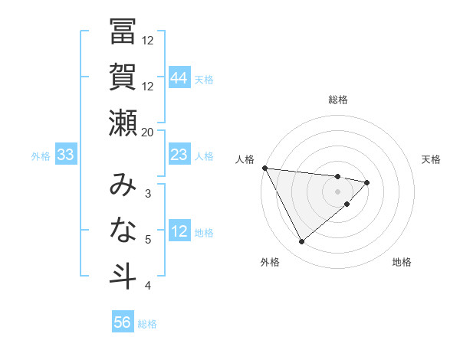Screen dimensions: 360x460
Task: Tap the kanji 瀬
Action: coord(123,123)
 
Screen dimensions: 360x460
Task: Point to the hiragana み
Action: coord(123,185)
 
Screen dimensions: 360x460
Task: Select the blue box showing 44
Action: coord(179,77)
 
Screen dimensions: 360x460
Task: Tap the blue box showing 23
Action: coord(179,155)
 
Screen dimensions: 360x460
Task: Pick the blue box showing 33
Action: coord(65,155)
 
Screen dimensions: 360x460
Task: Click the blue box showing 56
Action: coord(122,322)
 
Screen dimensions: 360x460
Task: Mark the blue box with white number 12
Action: coord(179,232)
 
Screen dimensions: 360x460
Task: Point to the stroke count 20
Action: coord(148,132)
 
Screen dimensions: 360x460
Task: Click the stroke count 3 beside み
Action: coord(148,193)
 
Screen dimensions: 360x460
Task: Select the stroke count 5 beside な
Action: coord(148,240)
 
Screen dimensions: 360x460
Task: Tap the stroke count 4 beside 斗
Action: coord(148,286)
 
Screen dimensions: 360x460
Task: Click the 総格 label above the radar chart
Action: coord(338,100)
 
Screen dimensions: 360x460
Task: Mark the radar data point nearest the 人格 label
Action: coord(264,168)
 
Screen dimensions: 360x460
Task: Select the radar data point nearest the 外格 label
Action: coord(301,242)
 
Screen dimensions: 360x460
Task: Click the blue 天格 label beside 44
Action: coord(204,79)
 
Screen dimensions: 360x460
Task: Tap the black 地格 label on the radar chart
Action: coord(402,262)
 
